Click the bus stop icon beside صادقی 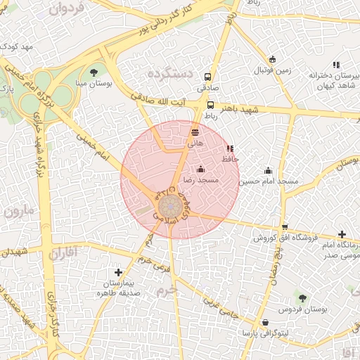(208, 77)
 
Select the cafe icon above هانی (195, 131)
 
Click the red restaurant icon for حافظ (230, 149)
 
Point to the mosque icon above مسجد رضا (201, 169)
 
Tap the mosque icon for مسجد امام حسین (268, 170)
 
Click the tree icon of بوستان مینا (94, 72)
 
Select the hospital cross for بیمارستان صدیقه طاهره (118, 272)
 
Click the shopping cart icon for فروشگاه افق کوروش (284, 227)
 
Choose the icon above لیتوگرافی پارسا (265, 322)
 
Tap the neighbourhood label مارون (18, 210)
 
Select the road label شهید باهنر (240, 111)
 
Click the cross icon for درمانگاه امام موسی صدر (342, 234)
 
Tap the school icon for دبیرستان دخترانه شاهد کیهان (336, 65)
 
